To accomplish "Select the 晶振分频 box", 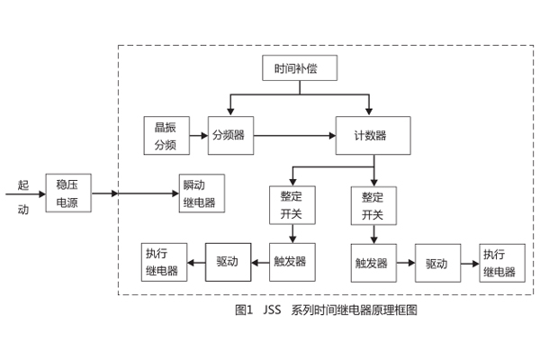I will pos(165,135).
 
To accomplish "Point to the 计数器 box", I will pos(373,135).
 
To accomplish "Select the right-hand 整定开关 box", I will pos(373,206).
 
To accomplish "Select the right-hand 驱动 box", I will pos(436,264).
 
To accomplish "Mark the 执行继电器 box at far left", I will pos(161,263).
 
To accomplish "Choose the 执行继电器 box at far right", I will pos(499,264).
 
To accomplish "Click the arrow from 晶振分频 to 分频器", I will pos(196,135).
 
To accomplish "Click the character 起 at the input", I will pos(23,186).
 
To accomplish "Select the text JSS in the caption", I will pos(272,310).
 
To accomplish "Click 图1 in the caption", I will pos(242,310).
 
